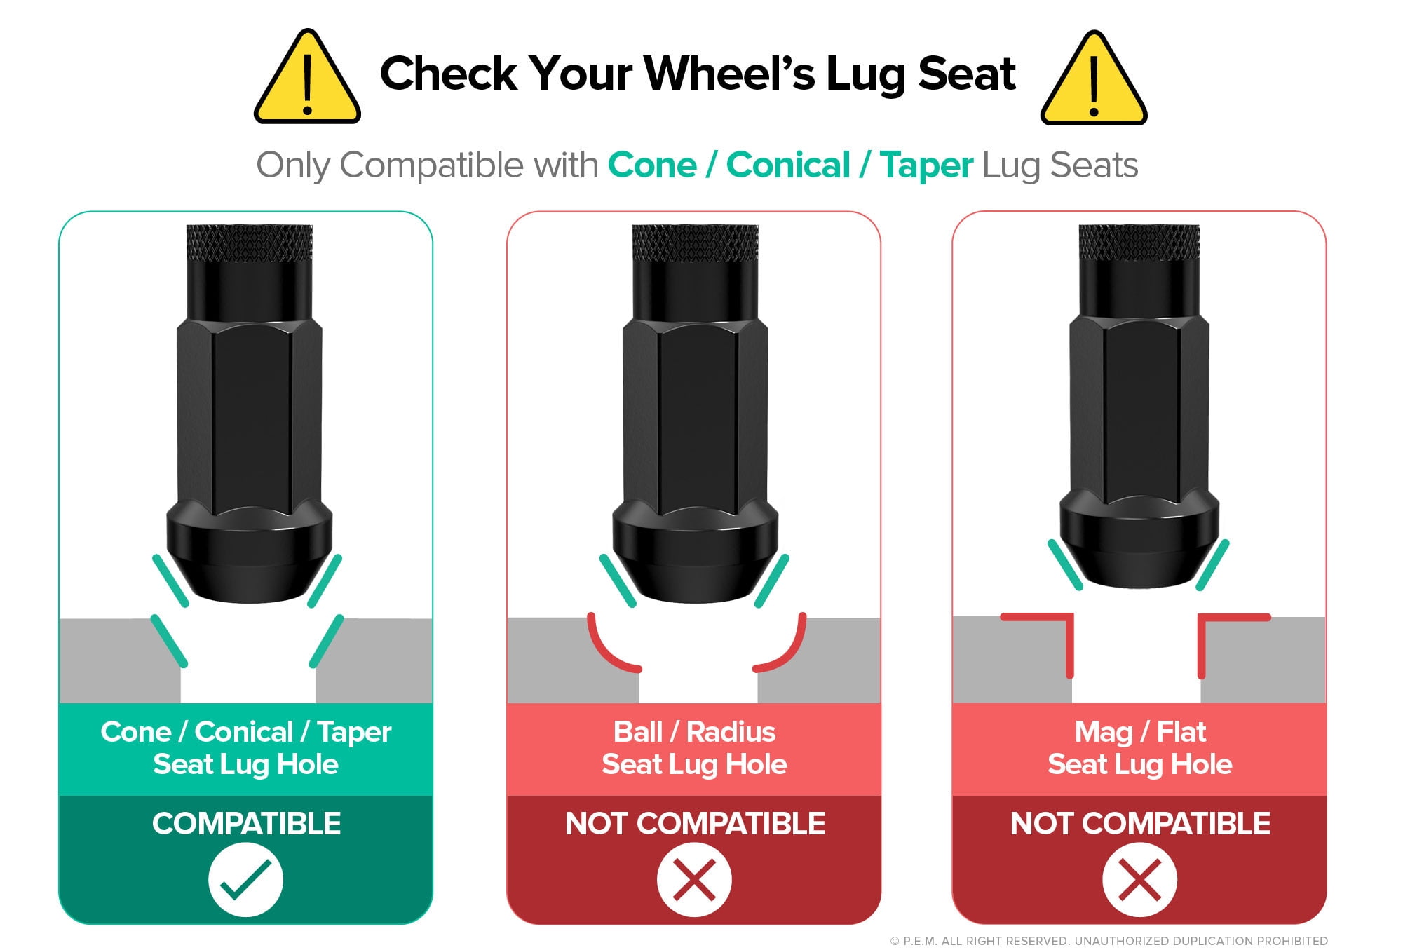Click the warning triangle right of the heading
point(1094,79)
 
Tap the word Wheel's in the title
point(729,73)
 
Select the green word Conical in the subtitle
point(788,165)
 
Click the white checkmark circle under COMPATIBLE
point(245,880)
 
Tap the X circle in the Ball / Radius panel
point(694,880)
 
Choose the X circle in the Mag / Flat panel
point(1139,880)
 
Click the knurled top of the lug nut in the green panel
point(249,243)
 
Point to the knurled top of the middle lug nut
point(695,243)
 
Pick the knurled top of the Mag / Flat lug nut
point(1139,243)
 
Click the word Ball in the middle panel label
point(638,732)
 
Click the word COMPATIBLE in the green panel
point(246,824)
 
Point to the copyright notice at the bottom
point(1109,941)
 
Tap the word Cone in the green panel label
point(136,732)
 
